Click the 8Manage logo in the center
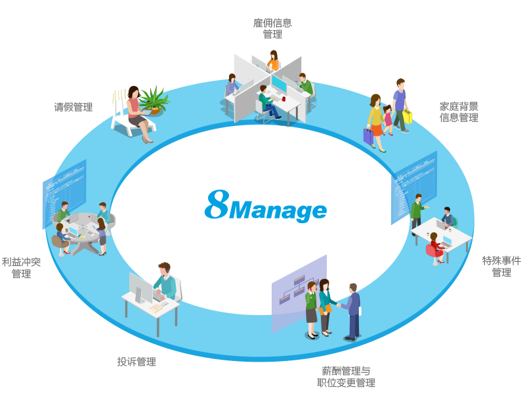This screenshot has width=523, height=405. pyautogui.click(x=265, y=206)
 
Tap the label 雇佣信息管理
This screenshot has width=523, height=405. pyautogui.click(x=272, y=28)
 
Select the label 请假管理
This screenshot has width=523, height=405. pyautogui.click(x=73, y=107)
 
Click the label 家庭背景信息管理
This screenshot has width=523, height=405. pyautogui.click(x=459, y=112)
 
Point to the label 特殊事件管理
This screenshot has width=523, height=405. pyautogui.click(x=501, y=266)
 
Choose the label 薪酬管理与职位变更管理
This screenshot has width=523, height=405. pyautogui.click(x=346, y=376)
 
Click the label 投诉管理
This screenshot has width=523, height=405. pyautogui.click(x=136, y=361)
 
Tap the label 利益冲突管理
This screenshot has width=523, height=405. pyautogui.click(x=21, y=268)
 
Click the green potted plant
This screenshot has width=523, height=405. pyautogui.click(x=154, y=100)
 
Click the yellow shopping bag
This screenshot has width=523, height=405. pyautogui.click(x=408, y=116)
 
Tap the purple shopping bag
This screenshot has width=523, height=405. pyautogui.click(x=368, y=136)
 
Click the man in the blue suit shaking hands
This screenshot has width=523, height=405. pyautogui.click(x=352, y=310)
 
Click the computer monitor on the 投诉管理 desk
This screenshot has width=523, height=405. pyautogui.click(x=138, y=288)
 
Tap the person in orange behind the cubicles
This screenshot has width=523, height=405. pyautogui.click(x=273, y=60)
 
